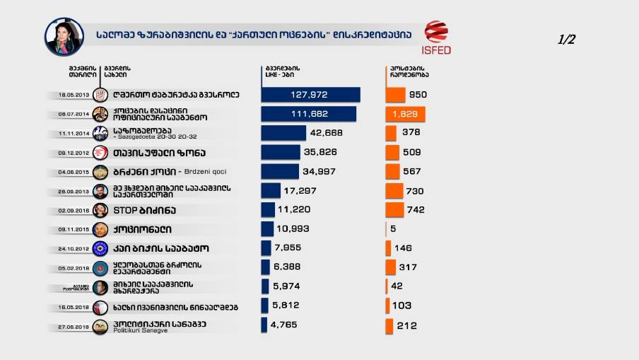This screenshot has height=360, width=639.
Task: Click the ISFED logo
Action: click(436, 37)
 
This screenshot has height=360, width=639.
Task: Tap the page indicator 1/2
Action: click(567, 40)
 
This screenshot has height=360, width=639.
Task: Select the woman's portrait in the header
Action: click(64, 36)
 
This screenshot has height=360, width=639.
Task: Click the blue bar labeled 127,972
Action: click(310, 95)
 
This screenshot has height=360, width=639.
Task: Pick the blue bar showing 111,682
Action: click(308, 114)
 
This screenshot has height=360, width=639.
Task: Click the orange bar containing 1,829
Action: click(405, 114)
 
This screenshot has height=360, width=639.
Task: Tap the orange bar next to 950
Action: click(395, 95)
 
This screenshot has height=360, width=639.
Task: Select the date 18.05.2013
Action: click(74, 95)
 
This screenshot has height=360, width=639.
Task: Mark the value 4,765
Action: click(283, 325)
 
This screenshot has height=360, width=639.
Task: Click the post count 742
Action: click(416, 210)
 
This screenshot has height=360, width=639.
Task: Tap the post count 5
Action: click(392, 229)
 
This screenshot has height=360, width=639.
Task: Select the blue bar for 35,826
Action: click(281, 152)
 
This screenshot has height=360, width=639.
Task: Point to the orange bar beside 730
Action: click(394, 191)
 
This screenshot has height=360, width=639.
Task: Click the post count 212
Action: click(406, 326)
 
